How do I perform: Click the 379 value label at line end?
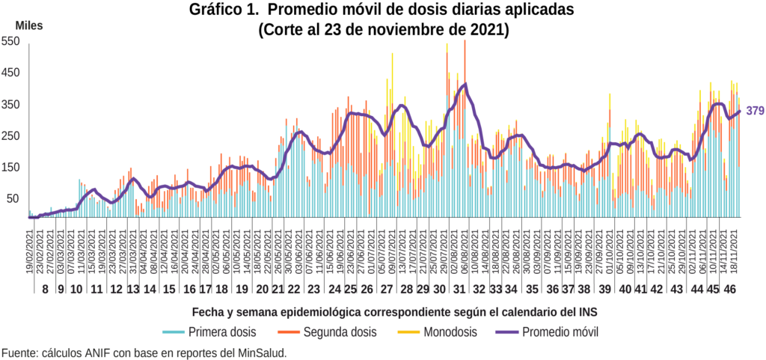[x=755, y=112]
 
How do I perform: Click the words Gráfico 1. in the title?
[x=223, y=10]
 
